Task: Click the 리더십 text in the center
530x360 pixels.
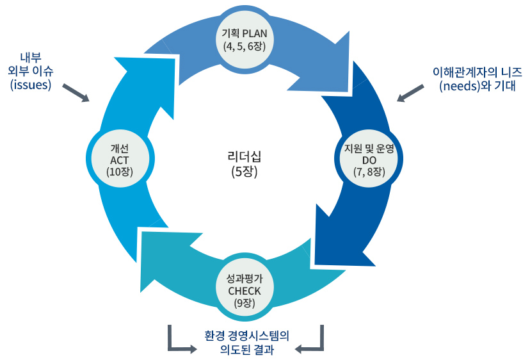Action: click(244, 156)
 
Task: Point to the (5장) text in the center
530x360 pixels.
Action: click(244, 171)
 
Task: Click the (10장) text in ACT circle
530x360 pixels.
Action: click(120, 171)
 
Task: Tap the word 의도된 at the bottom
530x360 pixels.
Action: click(230, 350)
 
